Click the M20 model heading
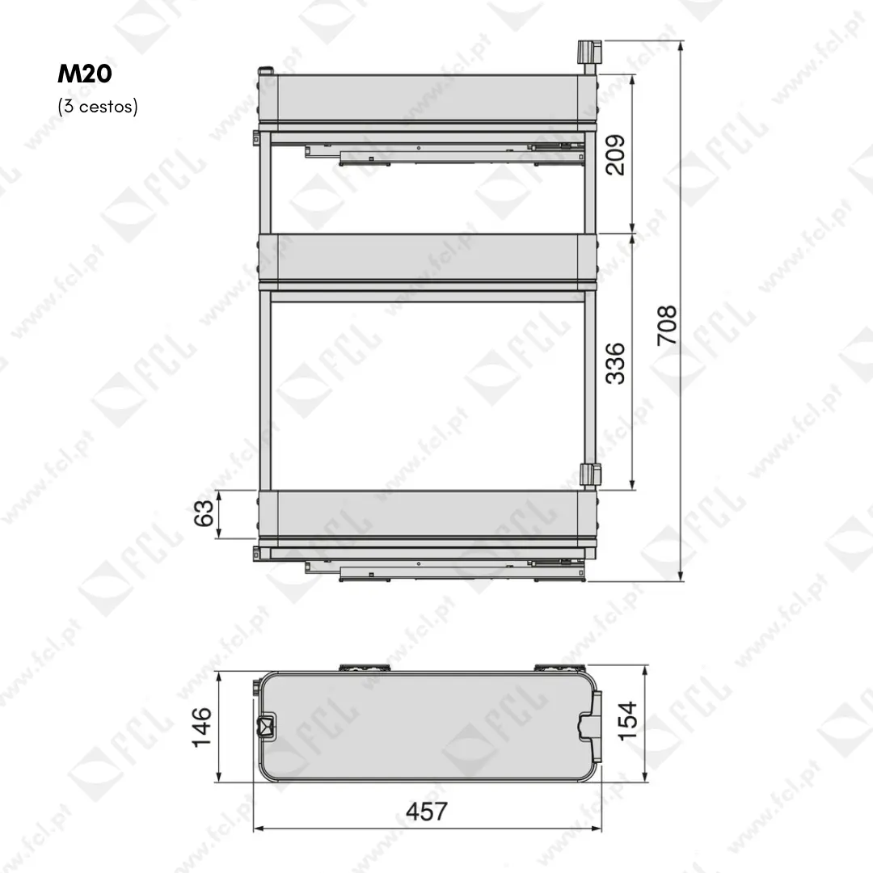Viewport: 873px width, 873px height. coord(85,74)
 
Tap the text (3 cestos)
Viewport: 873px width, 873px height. coord(98,106)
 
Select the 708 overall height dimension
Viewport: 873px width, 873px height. coord(667,325)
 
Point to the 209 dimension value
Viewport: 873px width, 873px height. coord(615,155)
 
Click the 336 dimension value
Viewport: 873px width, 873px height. coord(615,364)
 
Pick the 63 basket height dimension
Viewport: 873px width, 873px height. coord(204,512)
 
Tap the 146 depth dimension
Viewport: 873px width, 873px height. coord(201,727)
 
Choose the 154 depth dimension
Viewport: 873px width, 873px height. coord(627,720)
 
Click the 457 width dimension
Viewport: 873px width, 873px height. coord(427,812)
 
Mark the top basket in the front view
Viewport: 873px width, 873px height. coord(428,98)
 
